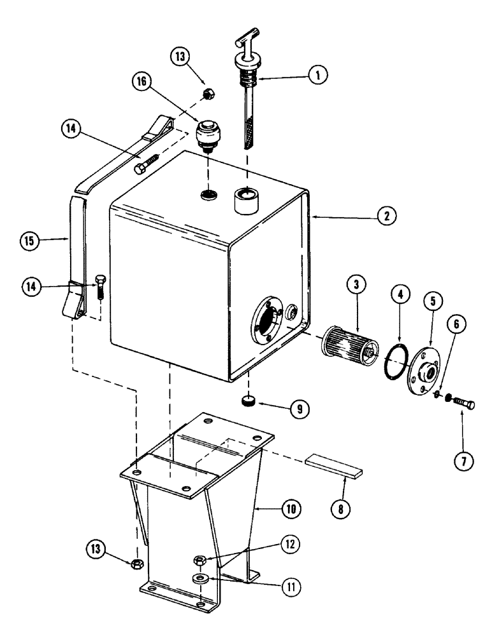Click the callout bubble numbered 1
coord(317,75)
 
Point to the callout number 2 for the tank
coord(384,217)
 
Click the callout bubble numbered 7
coord(463,461)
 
